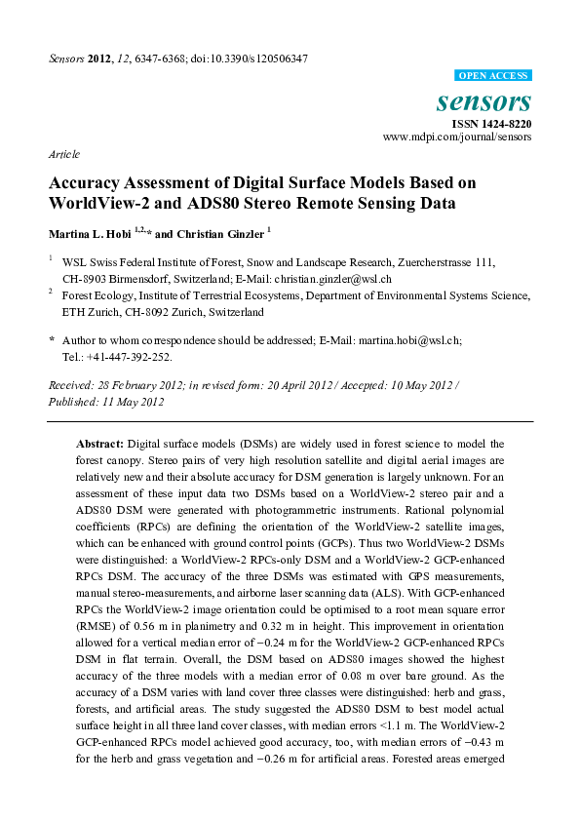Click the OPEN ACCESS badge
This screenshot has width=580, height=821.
point(493,75)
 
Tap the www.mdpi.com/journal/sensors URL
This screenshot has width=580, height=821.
point(457,137)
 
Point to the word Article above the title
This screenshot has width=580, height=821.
point(63,154)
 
